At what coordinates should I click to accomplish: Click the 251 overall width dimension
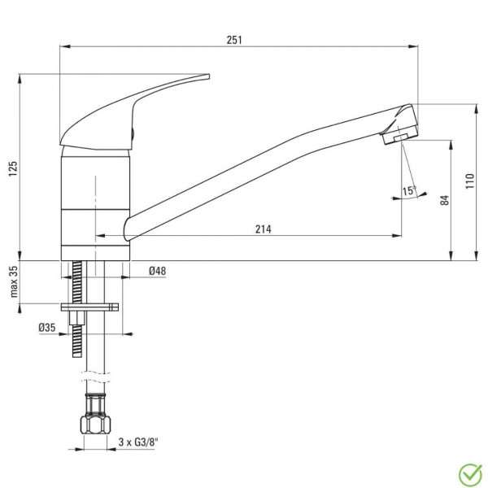[x=234, y=40]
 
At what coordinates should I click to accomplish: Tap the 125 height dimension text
[x=13, y=169]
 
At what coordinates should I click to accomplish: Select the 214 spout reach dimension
[x=264, y=229]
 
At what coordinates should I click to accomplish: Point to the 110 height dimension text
[x=469, y=181]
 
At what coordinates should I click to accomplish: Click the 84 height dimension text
[x=445, y=200]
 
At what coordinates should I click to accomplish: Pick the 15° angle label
[x=409, y=190]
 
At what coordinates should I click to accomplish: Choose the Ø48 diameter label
[x=158, y=271]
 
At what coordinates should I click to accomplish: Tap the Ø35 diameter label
[x=47, y=328]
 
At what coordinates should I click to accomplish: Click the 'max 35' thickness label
[x=14, y=281]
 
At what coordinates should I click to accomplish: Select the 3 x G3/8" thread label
[x=138, y=442]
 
